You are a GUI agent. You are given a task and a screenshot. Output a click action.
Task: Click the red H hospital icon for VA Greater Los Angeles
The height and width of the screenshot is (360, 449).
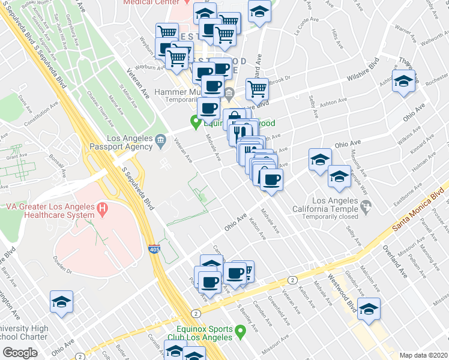103,211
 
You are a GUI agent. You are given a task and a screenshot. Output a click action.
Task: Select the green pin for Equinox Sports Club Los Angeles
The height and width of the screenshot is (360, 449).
241,331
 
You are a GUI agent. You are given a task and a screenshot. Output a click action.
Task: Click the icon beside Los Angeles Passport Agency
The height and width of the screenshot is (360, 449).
160,141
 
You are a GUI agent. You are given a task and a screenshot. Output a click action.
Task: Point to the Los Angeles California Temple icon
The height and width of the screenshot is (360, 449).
366,206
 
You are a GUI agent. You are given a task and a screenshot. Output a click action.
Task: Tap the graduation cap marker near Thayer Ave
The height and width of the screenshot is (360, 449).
404,82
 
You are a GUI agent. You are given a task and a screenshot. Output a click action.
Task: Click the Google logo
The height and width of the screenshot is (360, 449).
20,352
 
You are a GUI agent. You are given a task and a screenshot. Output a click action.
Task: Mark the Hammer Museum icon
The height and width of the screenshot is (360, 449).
230,92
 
